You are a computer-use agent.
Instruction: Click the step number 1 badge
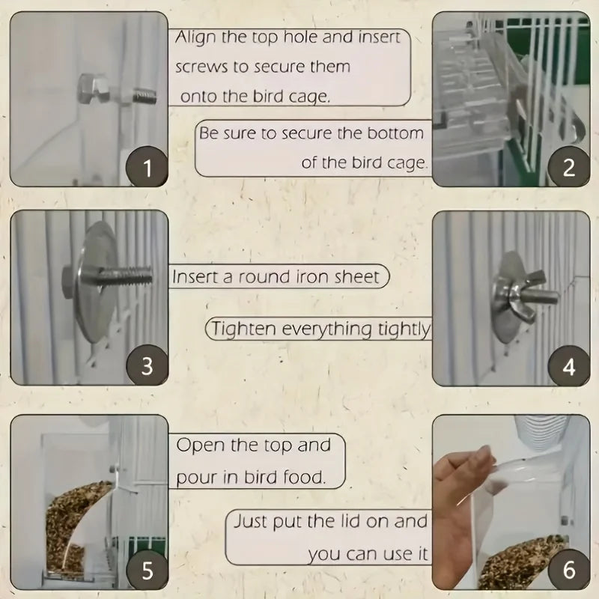(147, 167)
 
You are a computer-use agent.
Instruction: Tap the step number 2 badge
(568, 167)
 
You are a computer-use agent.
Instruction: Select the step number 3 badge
(147, 366)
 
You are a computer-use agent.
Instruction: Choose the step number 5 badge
(147, 571)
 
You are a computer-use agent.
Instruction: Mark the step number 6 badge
(568, 571)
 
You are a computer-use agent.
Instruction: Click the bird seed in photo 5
(75, 524)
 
